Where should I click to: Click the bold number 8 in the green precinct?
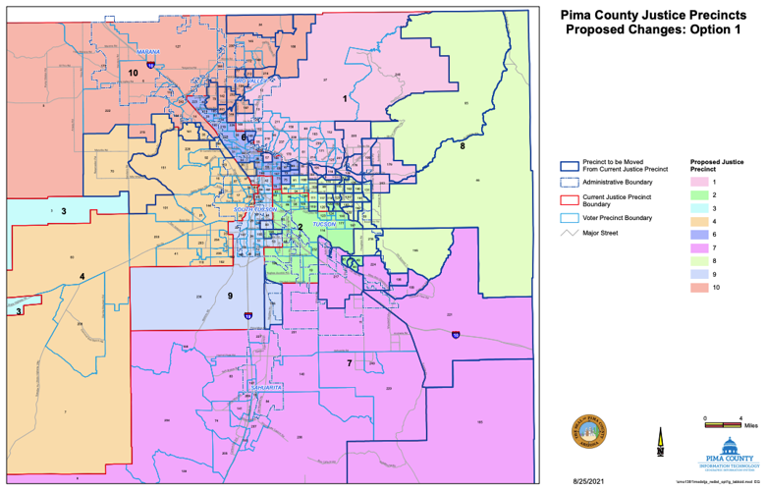[x=462, y=146]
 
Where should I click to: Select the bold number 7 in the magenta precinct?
[x=349, y=363]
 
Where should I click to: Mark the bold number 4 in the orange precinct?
[x=82, y=276]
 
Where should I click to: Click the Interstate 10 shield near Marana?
[x=149, y=64]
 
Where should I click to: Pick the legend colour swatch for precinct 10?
[x=701, y=287]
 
